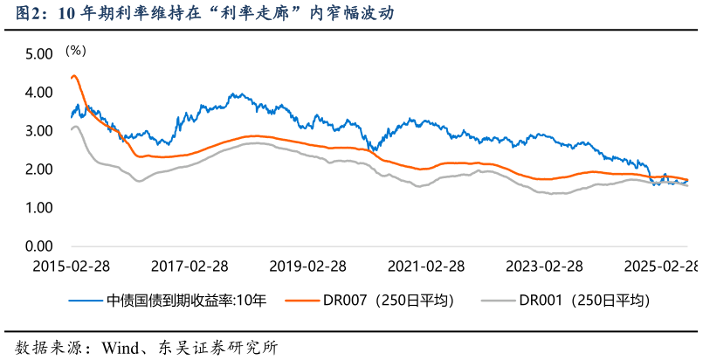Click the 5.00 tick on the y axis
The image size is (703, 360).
click(39, 54)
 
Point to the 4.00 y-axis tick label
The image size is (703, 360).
click(39, 93)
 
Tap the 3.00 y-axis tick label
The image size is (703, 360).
click(39, 131)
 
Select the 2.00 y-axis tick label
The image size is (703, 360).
click(39, 170)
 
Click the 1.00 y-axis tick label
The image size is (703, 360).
click(39, 208)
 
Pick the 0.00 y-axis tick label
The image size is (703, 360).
click(39, 246)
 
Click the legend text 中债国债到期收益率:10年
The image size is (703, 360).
click(186, 300)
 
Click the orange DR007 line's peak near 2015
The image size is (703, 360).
click(74, 76)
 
